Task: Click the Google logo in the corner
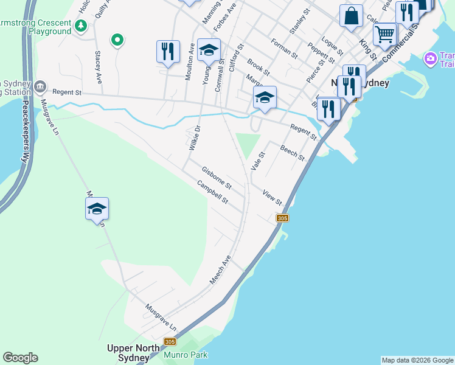20,358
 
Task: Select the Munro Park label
186,355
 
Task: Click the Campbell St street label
212,192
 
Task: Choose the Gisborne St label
217,176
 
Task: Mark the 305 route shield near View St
282,218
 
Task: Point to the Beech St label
292,152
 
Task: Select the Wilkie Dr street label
193,138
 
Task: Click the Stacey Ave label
97,67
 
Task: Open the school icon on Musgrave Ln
97,209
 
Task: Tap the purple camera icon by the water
431,59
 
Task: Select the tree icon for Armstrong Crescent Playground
81,26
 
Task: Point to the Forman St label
284,49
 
